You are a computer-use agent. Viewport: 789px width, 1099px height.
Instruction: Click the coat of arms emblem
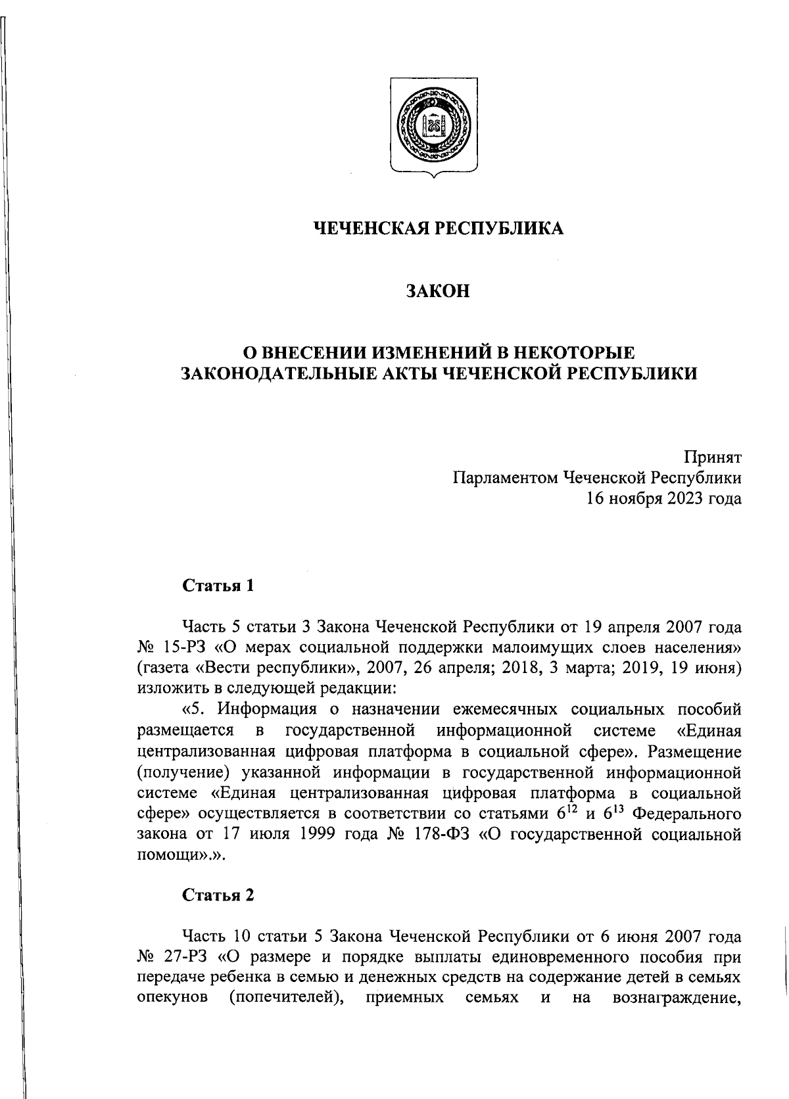[435, 127]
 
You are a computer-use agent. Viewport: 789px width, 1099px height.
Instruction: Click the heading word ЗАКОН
[438, 291]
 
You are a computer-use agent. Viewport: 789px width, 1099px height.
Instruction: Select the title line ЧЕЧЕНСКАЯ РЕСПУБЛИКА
[438, 228]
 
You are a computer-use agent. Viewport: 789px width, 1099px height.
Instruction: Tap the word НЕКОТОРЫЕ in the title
[567, 352]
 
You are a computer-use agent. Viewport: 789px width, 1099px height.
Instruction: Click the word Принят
[713, 457]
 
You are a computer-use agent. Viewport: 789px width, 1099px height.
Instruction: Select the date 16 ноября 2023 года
[664, 498]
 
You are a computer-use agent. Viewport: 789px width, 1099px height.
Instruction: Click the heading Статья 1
[218, 586]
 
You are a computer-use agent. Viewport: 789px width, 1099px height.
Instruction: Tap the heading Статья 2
[218, 895]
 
